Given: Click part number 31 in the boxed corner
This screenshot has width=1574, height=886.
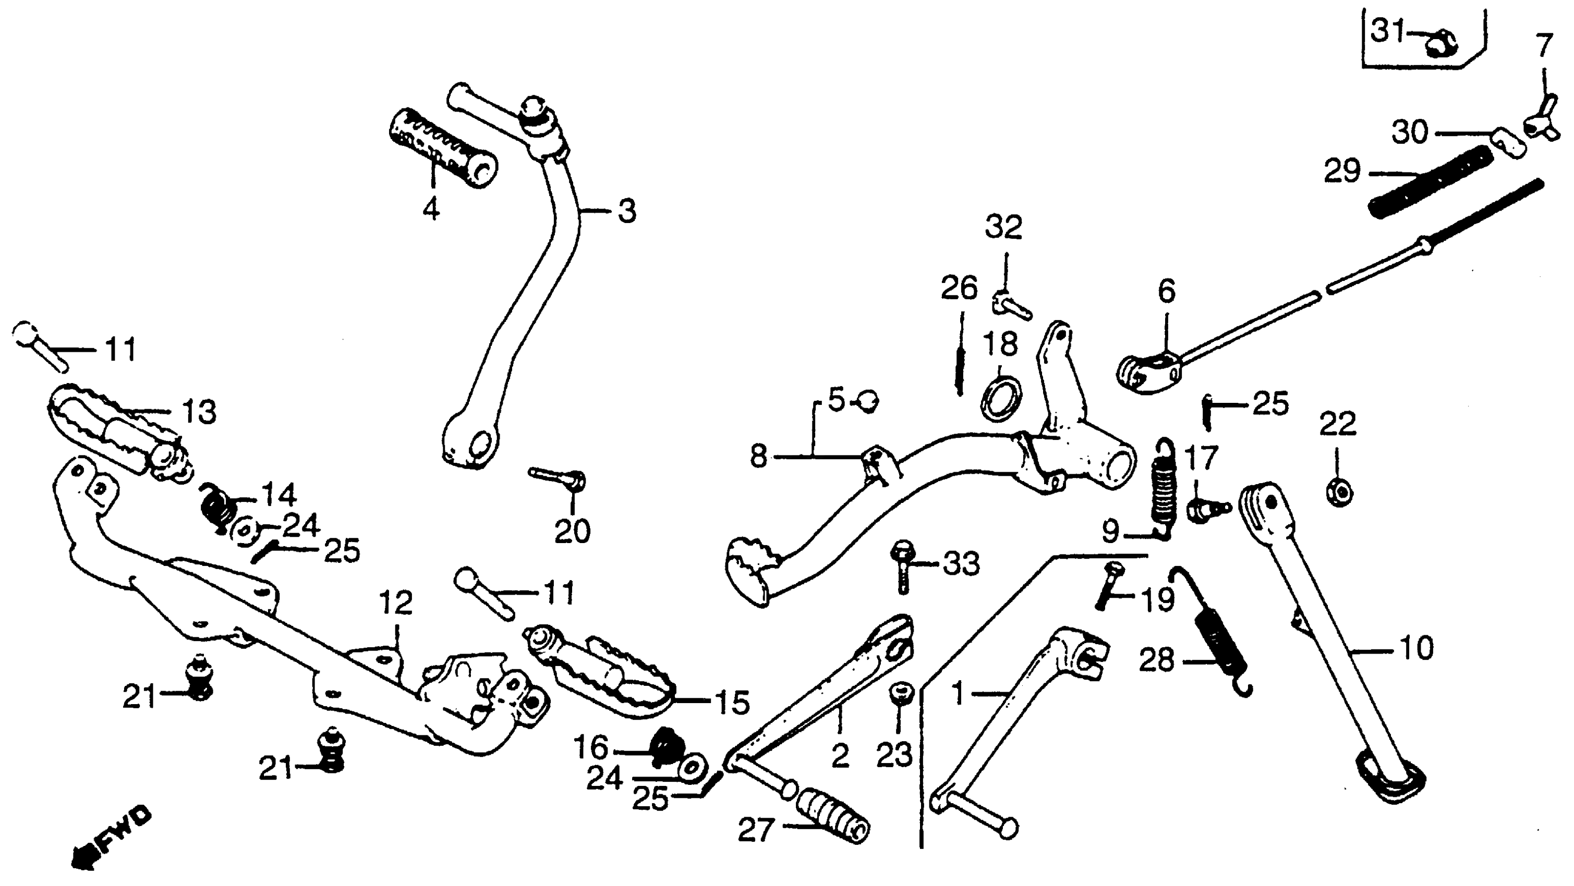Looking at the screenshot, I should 1387,31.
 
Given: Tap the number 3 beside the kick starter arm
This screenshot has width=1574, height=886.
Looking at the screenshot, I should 627,211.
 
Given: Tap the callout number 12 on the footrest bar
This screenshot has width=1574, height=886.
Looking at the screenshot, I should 396,604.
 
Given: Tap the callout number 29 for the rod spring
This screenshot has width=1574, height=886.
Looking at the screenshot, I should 1342,171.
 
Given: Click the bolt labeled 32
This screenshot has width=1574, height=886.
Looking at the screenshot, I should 1011,305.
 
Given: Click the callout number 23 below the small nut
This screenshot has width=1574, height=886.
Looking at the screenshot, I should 894,755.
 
